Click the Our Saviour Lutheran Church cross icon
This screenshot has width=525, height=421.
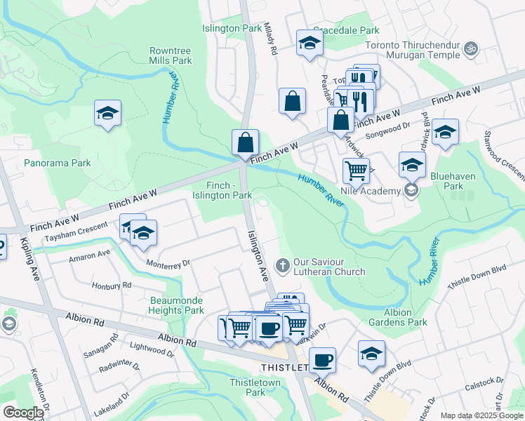[283, 265]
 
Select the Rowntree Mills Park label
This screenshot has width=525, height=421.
[171, 56]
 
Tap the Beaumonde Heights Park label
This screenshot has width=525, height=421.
[177, 305]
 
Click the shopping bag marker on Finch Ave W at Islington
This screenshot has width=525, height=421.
[246, 142]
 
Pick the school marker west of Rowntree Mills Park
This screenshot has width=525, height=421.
[108, 113]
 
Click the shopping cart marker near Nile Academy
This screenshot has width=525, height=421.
[357, 170]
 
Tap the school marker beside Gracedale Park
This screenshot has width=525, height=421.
[309, 44]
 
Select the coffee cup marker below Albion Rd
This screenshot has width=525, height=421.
[322, 361]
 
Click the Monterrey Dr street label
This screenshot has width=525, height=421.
[168, 263]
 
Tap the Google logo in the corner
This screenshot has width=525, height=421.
[22, 413]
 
